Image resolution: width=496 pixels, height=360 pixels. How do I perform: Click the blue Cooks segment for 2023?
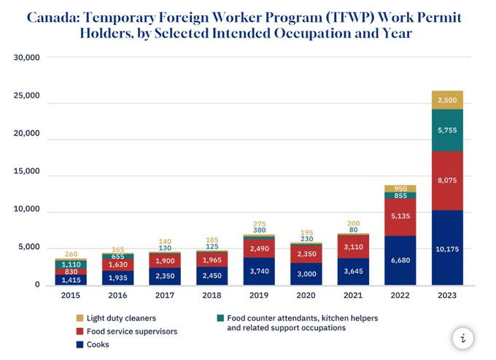click(x=448, y=248)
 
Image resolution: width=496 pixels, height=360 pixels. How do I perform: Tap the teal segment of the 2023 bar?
click(x=448, y=130)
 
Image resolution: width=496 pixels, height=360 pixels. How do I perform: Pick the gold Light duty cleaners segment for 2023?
click(x=448, y=100)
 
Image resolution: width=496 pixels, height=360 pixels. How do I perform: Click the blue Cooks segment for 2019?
click(x=258, y=270)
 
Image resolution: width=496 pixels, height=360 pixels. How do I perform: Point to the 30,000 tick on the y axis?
click(x=28, y=58)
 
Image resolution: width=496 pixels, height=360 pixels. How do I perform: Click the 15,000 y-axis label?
click(x=28, y=176)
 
